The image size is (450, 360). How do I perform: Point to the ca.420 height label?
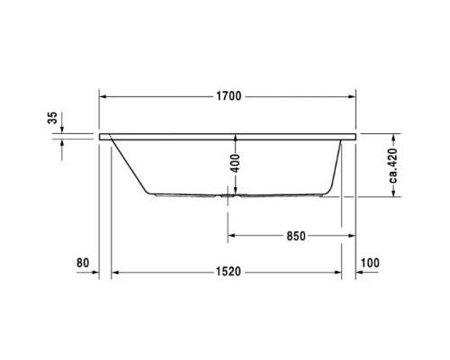393,166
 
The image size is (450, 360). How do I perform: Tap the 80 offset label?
83,263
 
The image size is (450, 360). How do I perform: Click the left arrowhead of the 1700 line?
103,95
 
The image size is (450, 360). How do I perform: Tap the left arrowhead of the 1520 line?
115,272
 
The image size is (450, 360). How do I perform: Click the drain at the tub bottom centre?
227,193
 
